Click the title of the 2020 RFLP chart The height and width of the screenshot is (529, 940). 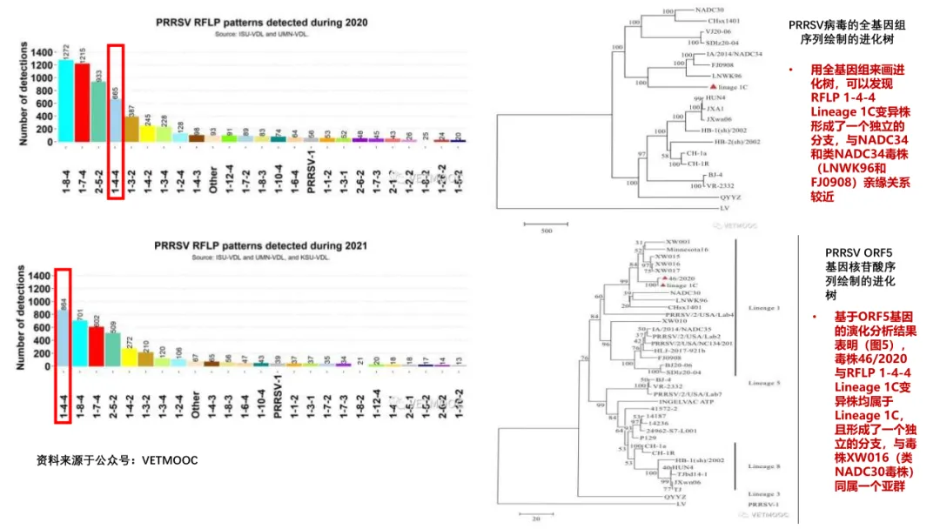point(261,23)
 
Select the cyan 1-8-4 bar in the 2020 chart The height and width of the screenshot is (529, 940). point(66,101)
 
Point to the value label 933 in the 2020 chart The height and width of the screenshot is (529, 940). point(98,76)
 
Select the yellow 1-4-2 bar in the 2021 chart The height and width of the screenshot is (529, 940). point(129,357)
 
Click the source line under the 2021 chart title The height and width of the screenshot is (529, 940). point(261,258)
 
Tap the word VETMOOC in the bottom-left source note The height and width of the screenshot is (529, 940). point(169,459)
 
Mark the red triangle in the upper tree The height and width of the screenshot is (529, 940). point(713,87)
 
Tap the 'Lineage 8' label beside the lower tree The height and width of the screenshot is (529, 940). point(763,466)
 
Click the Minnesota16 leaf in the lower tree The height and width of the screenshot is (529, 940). point(688,250)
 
